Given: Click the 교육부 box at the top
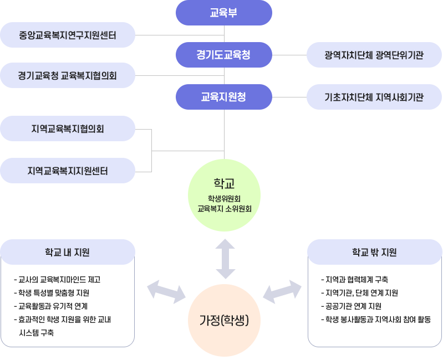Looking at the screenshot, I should tap(223, 13).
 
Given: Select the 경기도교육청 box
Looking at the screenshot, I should tap(223, 54).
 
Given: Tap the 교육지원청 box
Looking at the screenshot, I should tap(223, 96).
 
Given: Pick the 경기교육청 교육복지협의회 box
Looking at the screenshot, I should tap(68, 75).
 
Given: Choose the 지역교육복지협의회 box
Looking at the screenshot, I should tap(68, 128).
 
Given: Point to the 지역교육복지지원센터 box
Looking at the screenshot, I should tap(68, 171).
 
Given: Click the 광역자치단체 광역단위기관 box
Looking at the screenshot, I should tap(374, 55).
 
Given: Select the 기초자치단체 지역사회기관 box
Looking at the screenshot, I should tap(374, 97).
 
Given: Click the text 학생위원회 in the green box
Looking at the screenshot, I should tap(224, 198).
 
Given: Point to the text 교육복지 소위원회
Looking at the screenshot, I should tap(224, 209).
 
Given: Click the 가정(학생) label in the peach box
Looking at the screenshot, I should tap(224, 320).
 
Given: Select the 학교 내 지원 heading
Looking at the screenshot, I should tap(68, 253).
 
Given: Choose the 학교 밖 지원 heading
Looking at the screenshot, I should tap(374, 253).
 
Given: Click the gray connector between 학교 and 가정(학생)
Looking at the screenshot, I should tap(225, 258).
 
